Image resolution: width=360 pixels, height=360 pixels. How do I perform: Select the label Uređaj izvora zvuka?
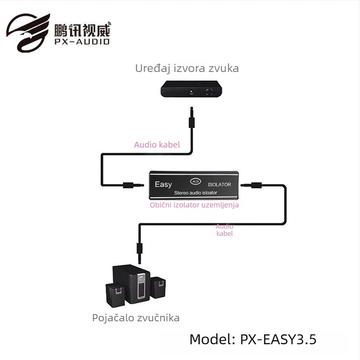coord(187,68)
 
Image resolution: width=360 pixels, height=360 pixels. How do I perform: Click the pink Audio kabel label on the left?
coord(157,144)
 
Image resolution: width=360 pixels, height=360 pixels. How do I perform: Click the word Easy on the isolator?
coord(163,184)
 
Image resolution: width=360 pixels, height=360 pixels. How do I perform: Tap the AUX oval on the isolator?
coord(195,181)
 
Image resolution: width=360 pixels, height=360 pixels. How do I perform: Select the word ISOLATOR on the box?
coord(219,184)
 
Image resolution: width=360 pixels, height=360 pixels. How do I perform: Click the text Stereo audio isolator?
coord(195,193)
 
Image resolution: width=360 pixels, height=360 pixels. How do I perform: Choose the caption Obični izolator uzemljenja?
coord(194,205)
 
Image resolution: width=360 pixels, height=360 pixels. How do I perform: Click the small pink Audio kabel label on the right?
coord(225,230)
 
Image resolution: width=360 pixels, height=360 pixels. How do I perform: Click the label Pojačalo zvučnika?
coord(136,318)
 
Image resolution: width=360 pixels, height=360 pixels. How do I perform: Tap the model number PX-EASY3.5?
coord(253,339)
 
